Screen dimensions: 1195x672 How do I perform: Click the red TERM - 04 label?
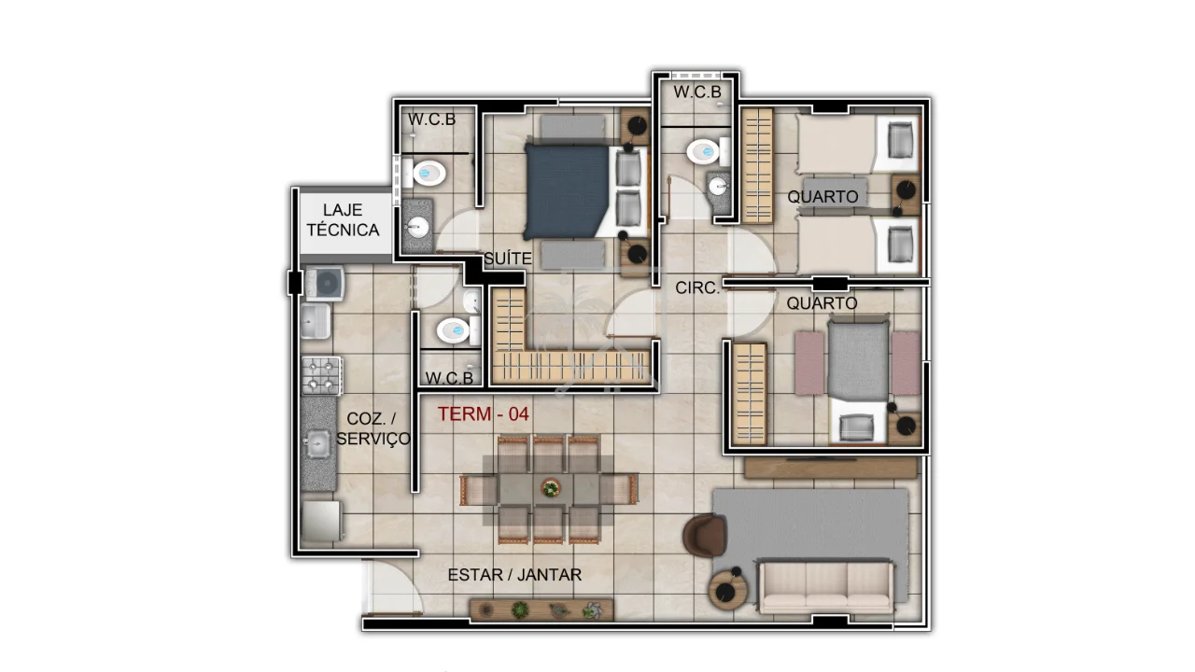[484, 413]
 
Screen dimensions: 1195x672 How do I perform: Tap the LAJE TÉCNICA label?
[343, 219]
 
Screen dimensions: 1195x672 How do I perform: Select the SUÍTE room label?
[508, 259]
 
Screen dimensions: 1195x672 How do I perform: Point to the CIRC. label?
[697, 288]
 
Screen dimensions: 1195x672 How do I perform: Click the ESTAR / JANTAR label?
[514, 575]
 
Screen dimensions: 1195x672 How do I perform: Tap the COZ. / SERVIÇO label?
[373, 428]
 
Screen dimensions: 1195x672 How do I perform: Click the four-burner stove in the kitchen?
[321, 376]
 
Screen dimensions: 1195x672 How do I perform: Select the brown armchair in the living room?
[704, 536]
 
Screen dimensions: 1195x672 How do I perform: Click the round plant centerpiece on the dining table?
[550, 487]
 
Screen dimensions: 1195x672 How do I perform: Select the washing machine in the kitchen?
[324, 282]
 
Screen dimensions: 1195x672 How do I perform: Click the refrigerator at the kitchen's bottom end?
[321, 521]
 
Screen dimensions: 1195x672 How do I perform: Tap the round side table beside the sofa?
[727, 591]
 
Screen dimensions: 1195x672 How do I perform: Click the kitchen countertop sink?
[316, 443]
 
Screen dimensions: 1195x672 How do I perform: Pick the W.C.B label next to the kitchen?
[449, 378]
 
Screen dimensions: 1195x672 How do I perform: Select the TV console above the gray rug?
[830, 468]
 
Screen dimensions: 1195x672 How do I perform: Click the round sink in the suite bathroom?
[417, 229]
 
